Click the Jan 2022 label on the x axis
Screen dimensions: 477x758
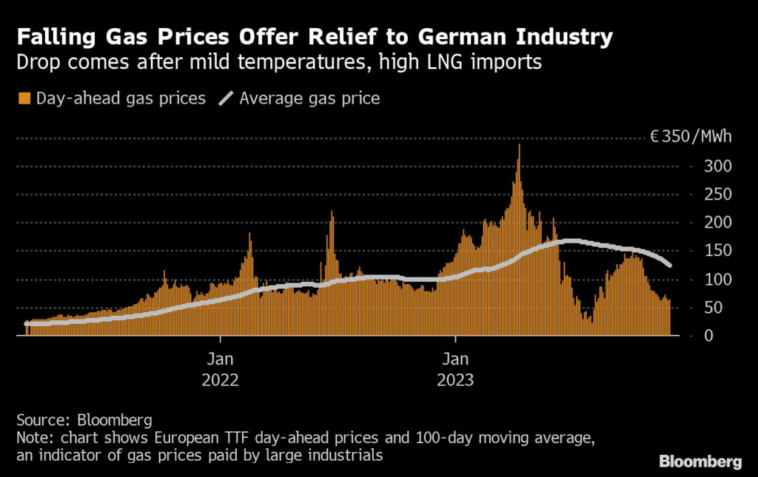[x=221, y=370]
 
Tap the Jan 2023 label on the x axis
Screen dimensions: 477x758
[x=455, y=370]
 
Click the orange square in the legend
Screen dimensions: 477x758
[x=24, y=98]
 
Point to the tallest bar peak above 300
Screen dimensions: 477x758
[x=519, y=146]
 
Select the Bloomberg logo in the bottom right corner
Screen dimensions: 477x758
[x=700, y=461]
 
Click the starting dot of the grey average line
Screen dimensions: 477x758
[x=27, y=323]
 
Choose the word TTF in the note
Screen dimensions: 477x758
[x=212, y=438]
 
